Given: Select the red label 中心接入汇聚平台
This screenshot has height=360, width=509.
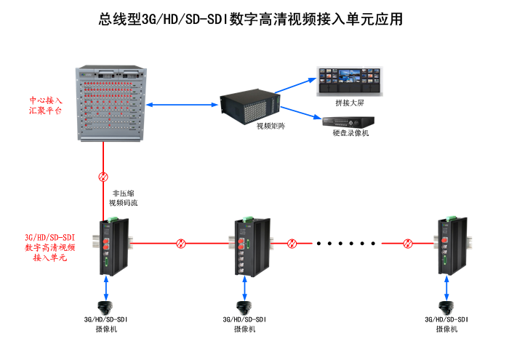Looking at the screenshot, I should pos(46,106).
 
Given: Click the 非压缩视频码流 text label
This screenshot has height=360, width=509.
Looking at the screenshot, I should pos(122,199).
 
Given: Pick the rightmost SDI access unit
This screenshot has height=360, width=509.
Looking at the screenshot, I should pos(447,244).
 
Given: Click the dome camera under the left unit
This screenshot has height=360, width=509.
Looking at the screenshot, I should pos(108,306).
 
